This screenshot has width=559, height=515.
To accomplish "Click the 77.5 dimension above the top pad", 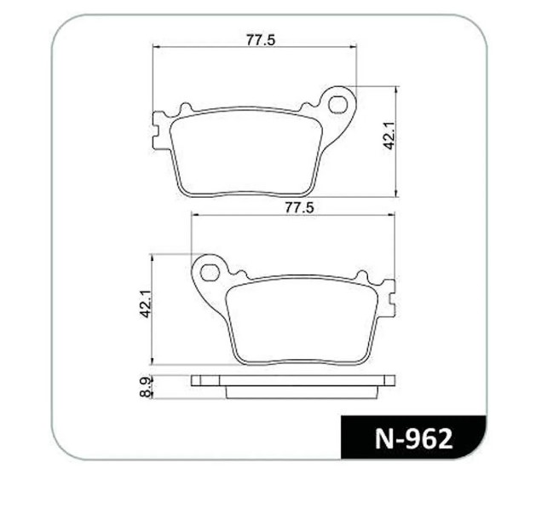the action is [x=261, y=39].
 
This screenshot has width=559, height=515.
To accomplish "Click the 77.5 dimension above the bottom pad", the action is [x=299, y=207].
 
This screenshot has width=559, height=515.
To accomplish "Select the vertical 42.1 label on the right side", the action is [x=389, y=136].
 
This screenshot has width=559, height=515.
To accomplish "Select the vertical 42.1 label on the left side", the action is [x=146, y=304].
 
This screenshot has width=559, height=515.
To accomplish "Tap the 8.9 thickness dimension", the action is [x=146, y=387].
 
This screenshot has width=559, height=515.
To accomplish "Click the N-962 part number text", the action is [x=413, y=438].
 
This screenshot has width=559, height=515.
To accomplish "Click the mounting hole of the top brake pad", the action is [x=337, y=104].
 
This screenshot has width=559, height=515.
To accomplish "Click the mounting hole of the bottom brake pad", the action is [x=210, y=273].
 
